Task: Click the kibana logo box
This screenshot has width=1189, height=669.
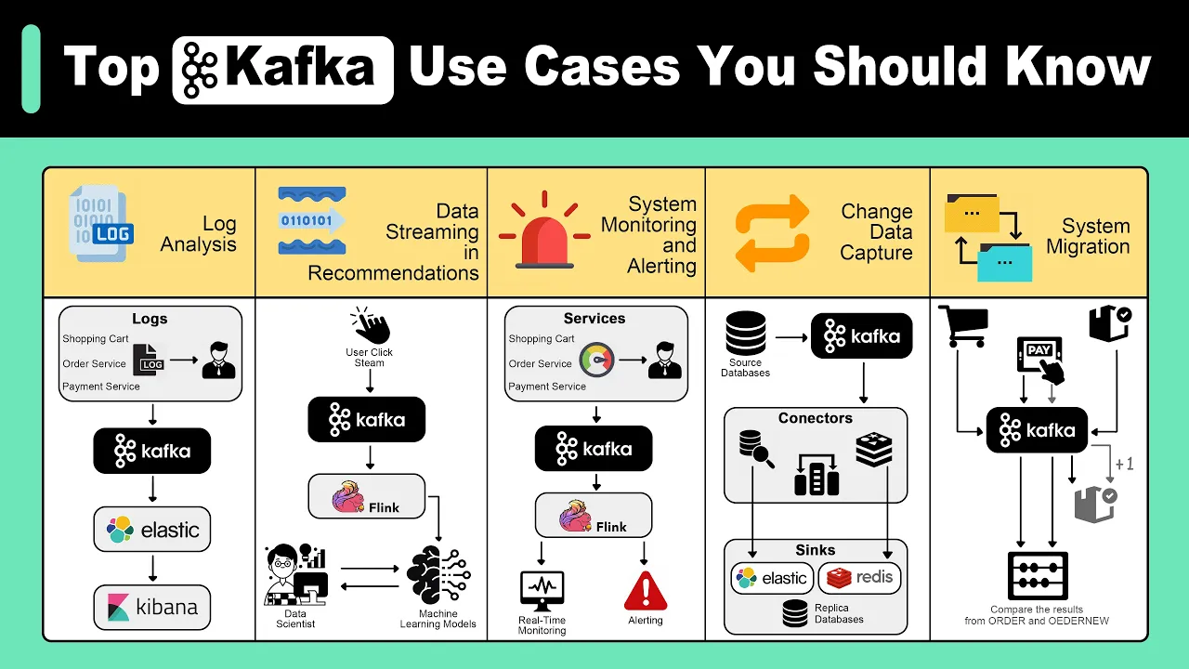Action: (151, 607)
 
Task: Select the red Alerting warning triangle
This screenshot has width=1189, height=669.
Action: (646, 590)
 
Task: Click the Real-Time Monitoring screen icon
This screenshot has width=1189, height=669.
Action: (542, 590)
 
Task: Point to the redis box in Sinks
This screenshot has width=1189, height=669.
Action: (859, 578)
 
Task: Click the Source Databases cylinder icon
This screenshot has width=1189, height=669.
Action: (746, 334)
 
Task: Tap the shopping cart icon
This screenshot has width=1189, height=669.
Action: (963, 326)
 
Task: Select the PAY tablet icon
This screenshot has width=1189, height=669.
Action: (1040, 360)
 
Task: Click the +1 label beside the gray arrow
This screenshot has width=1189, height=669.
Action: (1124, 464)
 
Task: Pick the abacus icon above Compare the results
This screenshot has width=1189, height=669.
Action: (1038, 576)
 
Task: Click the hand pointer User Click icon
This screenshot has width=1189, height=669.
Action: (370, 325)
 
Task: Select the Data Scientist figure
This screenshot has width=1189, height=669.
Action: (295, 574)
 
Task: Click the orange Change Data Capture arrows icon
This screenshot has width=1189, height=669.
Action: (772, 233)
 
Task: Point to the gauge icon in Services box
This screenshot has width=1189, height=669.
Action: (597, 360)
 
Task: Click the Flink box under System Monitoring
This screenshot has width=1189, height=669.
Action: (594, 515)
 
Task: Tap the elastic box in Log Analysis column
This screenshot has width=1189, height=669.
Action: (151, 529)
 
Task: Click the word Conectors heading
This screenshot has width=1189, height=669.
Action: (816, 418)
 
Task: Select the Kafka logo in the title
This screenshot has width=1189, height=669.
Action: (283, 70)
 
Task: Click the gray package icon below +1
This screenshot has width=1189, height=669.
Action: (1095, 505)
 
